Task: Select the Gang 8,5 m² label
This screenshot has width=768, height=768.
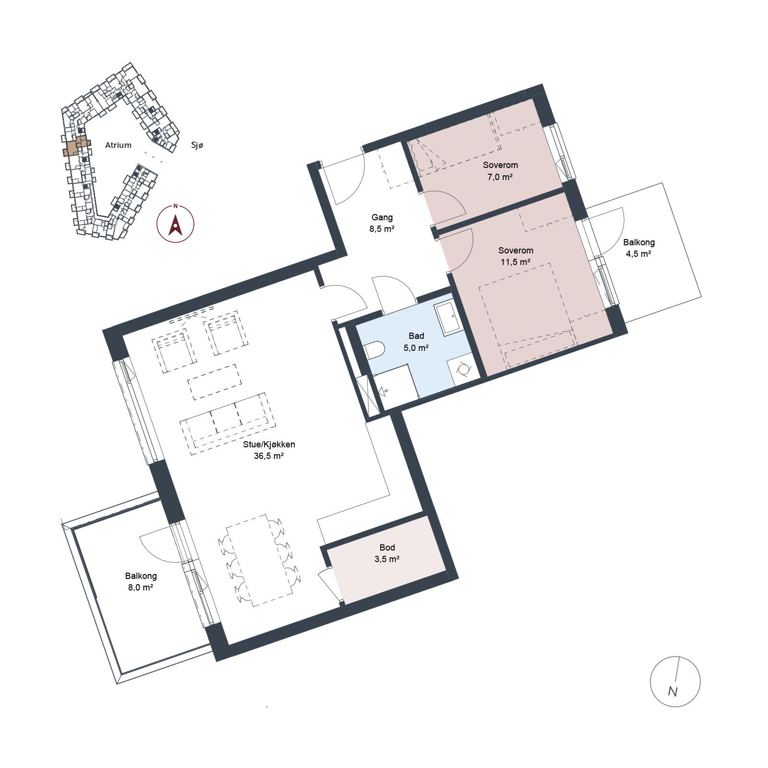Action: (x=382, y=223)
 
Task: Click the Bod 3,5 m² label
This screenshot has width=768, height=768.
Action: (x=387, y=553)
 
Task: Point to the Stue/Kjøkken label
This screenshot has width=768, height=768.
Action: (x=269, y=444)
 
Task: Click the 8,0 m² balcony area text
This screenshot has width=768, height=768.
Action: (x=141, y=587)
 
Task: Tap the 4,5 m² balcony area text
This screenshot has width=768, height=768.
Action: (x=638, y=254)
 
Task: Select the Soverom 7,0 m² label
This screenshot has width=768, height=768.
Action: (x=500, y=171)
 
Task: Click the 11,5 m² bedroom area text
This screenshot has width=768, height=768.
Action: (x=516, y=262)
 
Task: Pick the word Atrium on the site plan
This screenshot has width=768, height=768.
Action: (x=118, y=145)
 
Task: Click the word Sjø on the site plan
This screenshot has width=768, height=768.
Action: (x=197, y=145)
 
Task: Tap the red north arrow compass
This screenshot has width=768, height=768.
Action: (x=176, y=224)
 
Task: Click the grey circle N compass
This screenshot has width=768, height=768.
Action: (x=675, y=681)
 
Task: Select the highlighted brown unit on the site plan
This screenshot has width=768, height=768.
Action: (x=75, y=146)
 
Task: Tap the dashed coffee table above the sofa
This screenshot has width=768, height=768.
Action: (x=214, y=382)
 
